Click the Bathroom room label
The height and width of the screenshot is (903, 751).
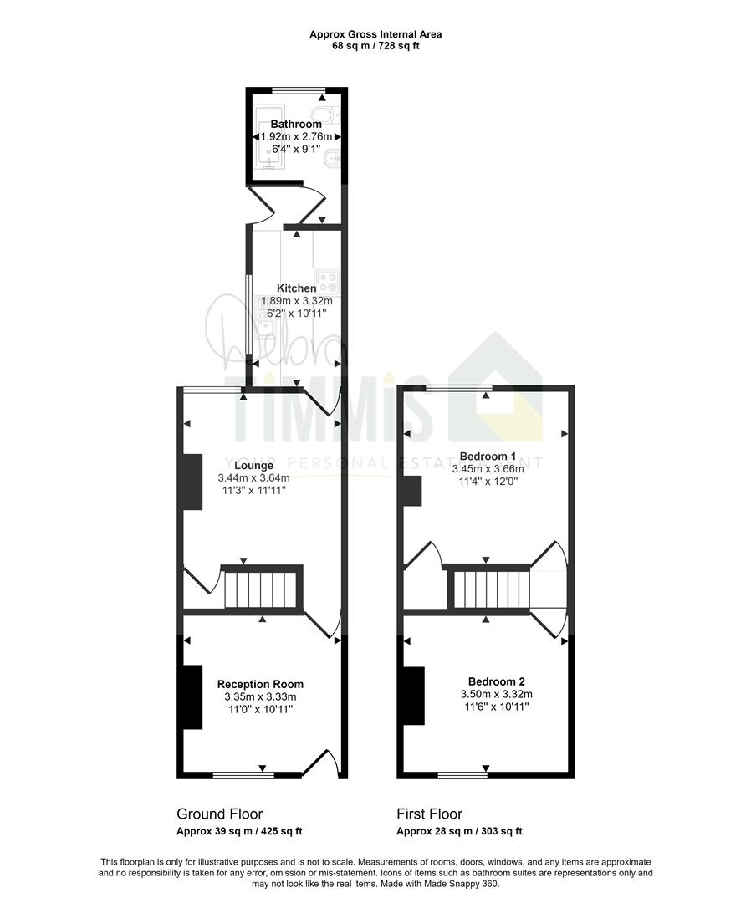tap(295, 125)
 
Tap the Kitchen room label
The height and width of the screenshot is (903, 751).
tap(297, 288)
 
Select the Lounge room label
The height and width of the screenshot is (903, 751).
tap(253, 466)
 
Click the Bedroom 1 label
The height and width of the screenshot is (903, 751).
tap(488, 457)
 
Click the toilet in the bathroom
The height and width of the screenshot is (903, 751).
tap(321, 115)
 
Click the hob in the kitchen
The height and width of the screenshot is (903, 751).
tap(326, 281)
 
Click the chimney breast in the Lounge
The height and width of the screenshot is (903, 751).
tap(192, 482)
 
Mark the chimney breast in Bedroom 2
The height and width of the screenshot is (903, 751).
tap(413, 696)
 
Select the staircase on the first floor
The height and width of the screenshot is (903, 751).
tap(490, 590)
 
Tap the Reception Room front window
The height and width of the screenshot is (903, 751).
tap(243, 776)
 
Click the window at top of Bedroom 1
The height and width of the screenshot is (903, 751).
tap(458, 387)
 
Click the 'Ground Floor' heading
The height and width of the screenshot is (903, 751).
tap(220, 814)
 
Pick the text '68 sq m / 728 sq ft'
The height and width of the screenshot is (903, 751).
tap(375, 46)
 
